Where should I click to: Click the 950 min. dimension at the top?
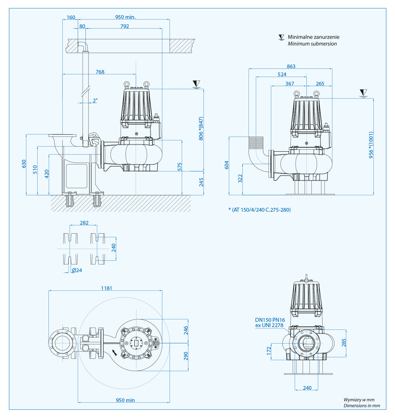[x=125, y=17]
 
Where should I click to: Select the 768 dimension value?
[x=100, y=72]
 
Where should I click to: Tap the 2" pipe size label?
[x=95, y=101]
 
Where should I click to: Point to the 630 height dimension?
[x=24, y=164]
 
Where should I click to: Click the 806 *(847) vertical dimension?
[x=201, y=128]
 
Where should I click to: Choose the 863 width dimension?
[x=291, y=66]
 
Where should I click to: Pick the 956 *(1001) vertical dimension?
[x=371, y=145]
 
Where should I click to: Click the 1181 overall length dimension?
[x=106, y=288]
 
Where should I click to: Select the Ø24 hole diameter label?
[x=77, y=270]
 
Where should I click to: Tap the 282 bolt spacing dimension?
[x=84, y=223]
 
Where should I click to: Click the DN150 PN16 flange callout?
[x=270, y=320]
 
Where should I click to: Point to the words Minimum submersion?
[x=312, y=44]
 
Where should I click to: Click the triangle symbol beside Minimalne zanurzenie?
[x=281, y=37]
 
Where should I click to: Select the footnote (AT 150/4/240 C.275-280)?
[x=260, y=210]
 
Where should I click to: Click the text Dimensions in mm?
[x=362, y=406]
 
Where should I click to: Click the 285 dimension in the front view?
[x=344, y=342]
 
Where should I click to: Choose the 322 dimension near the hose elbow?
[x=240, y=179]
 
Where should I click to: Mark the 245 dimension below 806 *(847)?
[x=201, y=182]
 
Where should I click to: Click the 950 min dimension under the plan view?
[x=125, y=400]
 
